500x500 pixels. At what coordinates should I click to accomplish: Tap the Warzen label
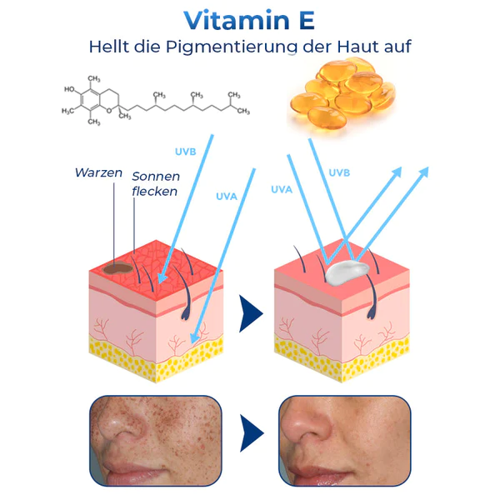[x=98, y=172]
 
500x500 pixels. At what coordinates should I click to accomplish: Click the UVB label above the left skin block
[x=185, y=152]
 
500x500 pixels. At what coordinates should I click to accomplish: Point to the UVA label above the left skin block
[x=226, y=197]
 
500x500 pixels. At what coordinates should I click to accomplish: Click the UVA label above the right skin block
[x=282, y=190]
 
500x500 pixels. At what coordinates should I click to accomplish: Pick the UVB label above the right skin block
[x=339, y=172]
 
